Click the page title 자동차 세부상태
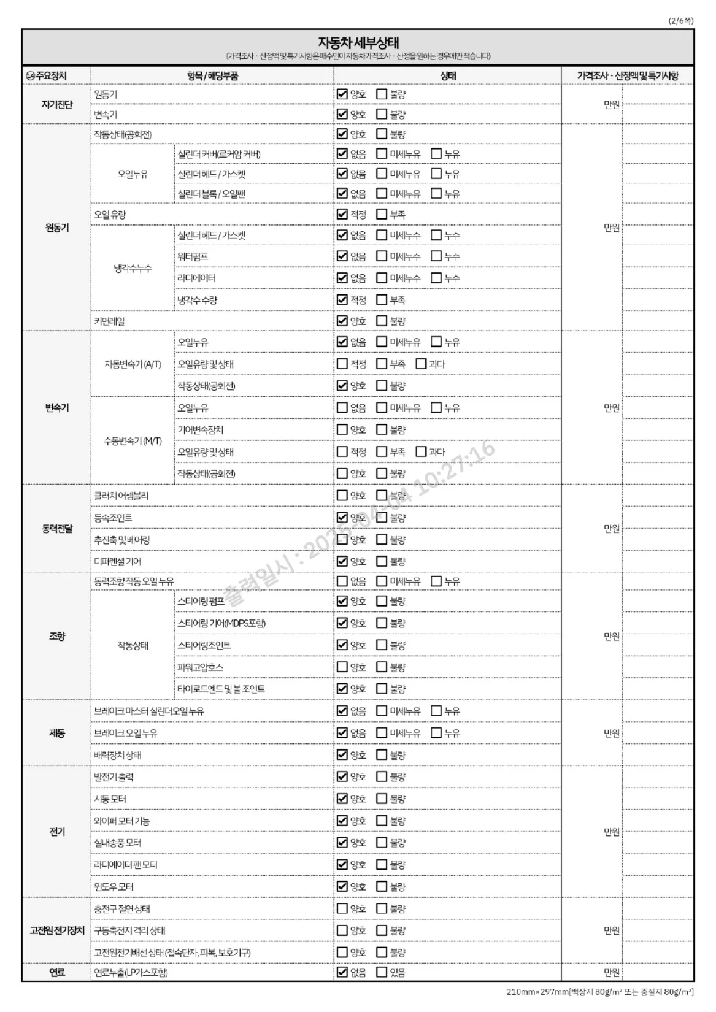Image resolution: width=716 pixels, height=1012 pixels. pos(358,43)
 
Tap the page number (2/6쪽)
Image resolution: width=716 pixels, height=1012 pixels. pos(681,21)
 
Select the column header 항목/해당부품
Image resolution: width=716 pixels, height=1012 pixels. pos(212,76)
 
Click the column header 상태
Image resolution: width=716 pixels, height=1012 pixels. pos(448,76)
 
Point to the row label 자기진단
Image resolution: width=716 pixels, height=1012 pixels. pos(56,105)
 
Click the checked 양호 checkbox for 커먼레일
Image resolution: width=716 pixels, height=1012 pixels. pos(342,321)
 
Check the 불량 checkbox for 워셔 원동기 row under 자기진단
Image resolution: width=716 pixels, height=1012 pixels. pos(382,94)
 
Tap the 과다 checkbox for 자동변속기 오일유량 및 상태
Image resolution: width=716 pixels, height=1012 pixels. pos(421,364)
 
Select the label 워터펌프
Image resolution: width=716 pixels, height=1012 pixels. pos(193,257)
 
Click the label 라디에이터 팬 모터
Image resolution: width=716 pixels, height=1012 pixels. pos(126,865)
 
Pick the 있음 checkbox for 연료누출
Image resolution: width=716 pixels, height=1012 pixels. pos(382,972)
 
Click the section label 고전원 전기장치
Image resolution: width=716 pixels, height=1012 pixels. pos(56,931)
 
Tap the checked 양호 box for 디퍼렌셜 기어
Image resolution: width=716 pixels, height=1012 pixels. pos(342,561)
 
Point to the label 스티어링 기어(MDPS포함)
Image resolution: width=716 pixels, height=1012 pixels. pos(221,623)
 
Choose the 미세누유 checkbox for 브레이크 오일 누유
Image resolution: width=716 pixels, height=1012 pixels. pos(382,733)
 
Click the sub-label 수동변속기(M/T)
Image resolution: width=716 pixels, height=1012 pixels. pos(133,441)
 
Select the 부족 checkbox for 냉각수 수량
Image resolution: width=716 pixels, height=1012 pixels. pos(382,300)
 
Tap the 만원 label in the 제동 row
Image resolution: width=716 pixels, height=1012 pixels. pos(611,733)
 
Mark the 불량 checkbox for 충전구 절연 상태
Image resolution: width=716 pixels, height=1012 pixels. pos(382,909)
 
